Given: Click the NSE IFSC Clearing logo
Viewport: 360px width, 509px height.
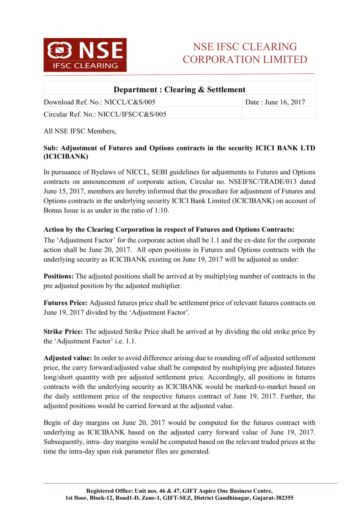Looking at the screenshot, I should click(x=85, y=55).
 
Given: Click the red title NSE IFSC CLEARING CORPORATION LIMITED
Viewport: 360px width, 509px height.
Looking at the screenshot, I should click(x=245, y=53).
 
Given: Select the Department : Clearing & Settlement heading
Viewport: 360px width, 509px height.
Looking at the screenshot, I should click(x=179, y=90).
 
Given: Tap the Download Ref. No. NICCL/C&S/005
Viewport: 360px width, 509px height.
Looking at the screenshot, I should click(x=99, y=102).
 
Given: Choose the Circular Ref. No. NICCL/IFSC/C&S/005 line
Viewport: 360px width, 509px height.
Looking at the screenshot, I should click(x=105, y=114).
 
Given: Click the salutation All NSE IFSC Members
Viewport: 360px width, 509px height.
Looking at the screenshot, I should click(x=80, y=131).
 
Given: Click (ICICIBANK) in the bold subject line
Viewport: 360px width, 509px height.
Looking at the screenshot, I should click(x=66, y=157).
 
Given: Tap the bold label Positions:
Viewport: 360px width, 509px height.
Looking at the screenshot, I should click(x=58, y=276).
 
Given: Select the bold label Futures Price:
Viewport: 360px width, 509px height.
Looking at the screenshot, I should click(x=65, y=303).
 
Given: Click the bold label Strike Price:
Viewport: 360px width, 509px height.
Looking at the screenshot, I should click(x=63, y=332).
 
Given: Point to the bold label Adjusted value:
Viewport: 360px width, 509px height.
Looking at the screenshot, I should click(x=67, y=358).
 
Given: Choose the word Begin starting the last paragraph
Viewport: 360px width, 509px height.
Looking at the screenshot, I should click(x=52, y=423).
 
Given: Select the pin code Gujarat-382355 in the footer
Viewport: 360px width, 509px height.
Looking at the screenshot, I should click(x=273, y=498).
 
